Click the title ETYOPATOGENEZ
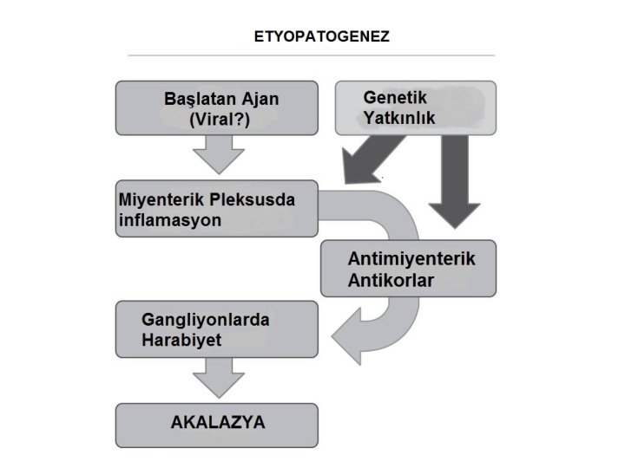click(321, 37)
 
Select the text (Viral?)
click(219, 120)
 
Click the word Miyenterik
click(161, 199)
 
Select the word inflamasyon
click(169, 220)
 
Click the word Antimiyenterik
click(411, 259)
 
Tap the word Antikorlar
click(391, 281)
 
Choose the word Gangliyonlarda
click(205, 320)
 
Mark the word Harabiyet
click(181, 341)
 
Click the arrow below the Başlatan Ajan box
click(217, 159)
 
